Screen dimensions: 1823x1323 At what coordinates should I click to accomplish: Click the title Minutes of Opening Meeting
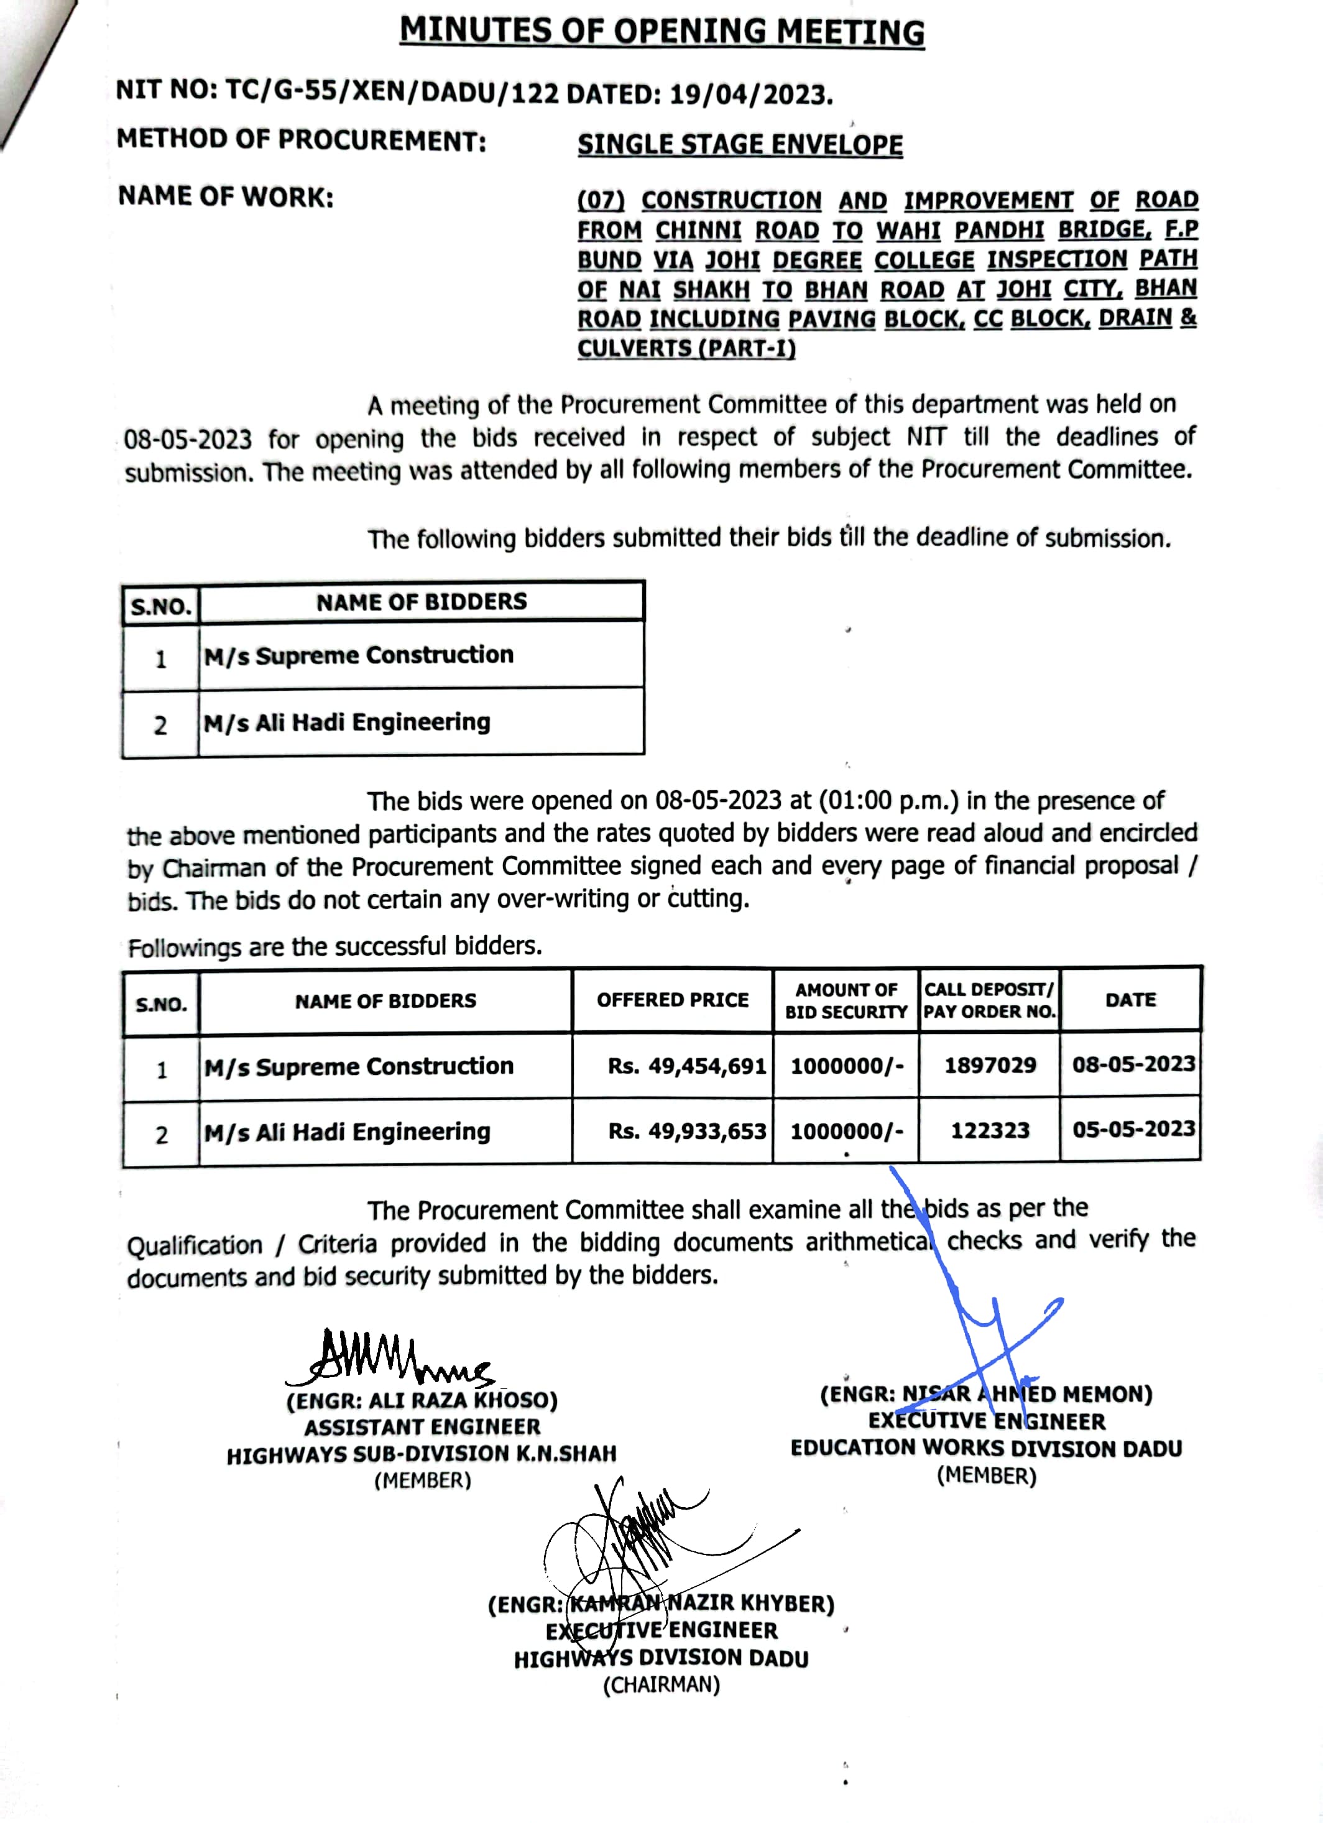click(661, 32)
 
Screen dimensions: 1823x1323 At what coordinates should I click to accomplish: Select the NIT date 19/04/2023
click(750, 95)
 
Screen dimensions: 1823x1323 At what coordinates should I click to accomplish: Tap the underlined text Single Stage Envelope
click(739, 145)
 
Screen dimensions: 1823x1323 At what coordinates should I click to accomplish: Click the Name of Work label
click(226, 197)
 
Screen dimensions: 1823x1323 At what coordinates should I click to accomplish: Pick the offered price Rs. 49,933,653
click(687, 1132)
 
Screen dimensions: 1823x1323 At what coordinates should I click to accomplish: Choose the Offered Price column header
click(672, 1000)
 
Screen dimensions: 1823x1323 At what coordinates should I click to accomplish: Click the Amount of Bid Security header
click(846, 1000)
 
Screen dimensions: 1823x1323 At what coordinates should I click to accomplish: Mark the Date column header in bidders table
click(1130, 1000)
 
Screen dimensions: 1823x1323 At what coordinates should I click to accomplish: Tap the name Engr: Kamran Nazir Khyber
click(661, 1604)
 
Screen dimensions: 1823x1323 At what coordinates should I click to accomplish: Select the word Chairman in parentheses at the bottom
click(661, 1686)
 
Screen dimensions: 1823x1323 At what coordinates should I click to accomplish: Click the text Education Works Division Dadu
click(986, 1449)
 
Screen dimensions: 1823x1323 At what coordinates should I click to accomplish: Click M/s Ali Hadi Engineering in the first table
click(348, 722)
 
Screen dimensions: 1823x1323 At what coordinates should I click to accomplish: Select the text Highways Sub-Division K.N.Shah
click(421, 1454)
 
